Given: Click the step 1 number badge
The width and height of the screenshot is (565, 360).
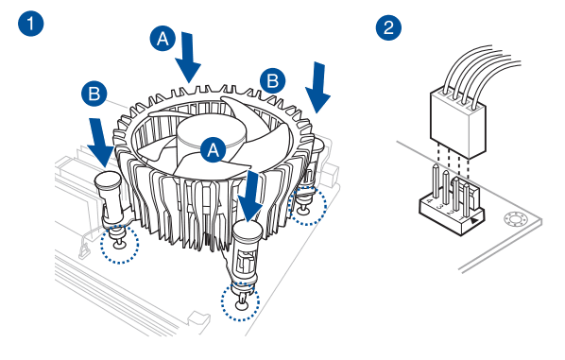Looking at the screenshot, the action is coord(31,24).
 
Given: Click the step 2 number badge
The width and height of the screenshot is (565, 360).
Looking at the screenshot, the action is coord(389,27).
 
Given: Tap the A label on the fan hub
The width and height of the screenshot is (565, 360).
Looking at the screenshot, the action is coord(214,149).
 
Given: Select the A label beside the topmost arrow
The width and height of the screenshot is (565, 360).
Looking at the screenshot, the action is coord(163,38).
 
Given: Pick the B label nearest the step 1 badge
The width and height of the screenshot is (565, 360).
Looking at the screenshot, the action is coord(94,94).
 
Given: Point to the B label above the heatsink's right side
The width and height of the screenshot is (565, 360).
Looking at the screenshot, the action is coord(273,80).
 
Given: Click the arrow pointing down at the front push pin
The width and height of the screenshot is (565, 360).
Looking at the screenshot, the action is coord(250,197).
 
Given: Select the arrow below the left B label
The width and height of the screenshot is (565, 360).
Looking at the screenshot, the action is coord(100,143).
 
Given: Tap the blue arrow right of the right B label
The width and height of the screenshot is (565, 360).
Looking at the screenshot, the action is coord(317,88).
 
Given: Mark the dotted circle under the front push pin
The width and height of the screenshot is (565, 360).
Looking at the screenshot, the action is coord(240,302).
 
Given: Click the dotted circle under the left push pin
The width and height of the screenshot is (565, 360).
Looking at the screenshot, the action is coord(119,244).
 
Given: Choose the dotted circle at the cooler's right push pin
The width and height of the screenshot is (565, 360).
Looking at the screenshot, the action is coord(307,206).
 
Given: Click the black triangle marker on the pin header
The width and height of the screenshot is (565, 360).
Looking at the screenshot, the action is coord(474,220).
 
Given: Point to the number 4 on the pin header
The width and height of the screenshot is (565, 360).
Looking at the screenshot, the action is coord(429,201).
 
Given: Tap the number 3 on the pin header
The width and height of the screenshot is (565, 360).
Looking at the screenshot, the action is coord(439,207).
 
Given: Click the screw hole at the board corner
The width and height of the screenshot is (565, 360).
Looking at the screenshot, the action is coord(516,219).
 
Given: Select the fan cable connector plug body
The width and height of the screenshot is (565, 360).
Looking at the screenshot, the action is coord(458,123).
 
